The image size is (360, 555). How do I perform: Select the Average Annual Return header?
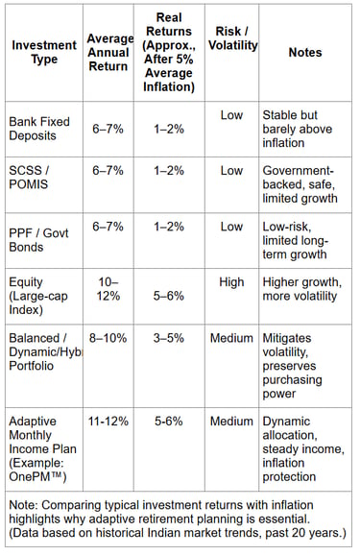[x=108, y=52]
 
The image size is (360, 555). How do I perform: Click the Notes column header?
[x=304, y=52]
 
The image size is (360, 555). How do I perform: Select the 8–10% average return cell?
[x=108, y=338]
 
